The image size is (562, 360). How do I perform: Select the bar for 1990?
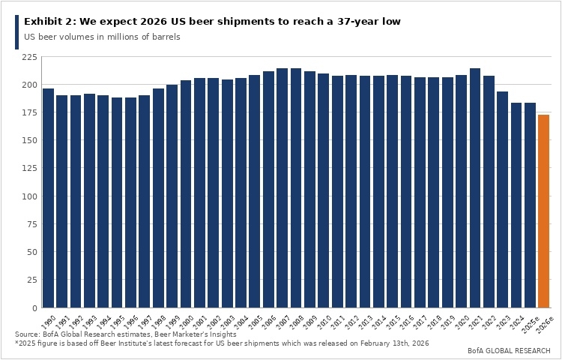coord(48,198)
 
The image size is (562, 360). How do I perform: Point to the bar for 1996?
coord(130,202)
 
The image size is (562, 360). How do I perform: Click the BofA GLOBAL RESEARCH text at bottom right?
coord(509,351)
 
